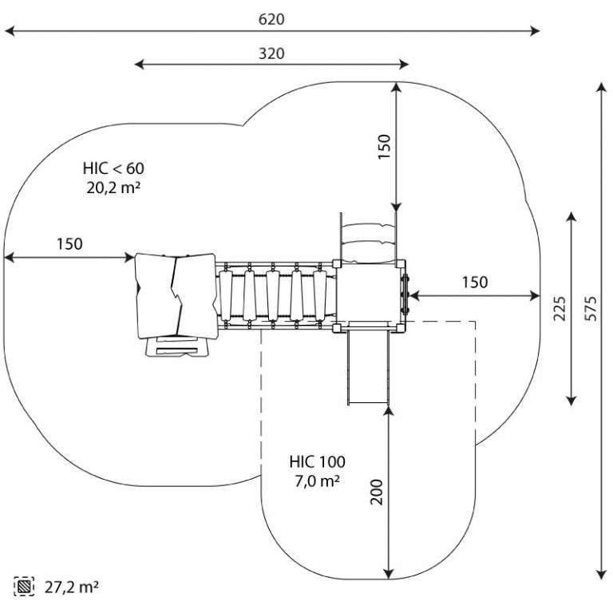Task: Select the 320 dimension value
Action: point(272,53)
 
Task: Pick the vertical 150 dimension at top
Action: point(384,148)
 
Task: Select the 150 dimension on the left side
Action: point(69,244)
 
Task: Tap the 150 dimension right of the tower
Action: point(475,282)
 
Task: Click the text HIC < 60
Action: point(113,169)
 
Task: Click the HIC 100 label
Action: point(317,461)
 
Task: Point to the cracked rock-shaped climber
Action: point(175,294)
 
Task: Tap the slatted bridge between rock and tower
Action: point(275,295)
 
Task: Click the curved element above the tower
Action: point(368,235)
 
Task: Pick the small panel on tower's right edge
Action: point(405,293)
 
